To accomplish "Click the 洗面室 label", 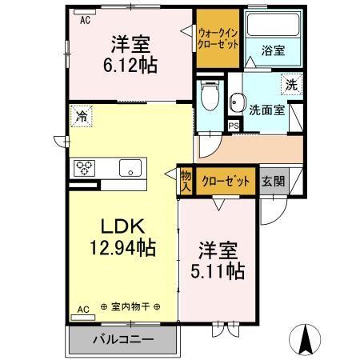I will pyautogui.click(x=266, y=110).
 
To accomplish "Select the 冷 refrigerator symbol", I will pyautogui.click(x=81, y=115).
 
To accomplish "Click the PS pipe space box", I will pyautogui.click(x=234, y=126).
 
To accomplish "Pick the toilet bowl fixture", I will pyautogui.click(x=209, y=98).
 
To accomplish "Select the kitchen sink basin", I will pyautogui.click(x=129, y=168).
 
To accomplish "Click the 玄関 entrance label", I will pyautogui.click(x=271, y=180).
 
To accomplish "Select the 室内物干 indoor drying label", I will pyautogui.click(x=130, y=306).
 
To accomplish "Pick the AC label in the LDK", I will pyautogui.click(x=82, y=307).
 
